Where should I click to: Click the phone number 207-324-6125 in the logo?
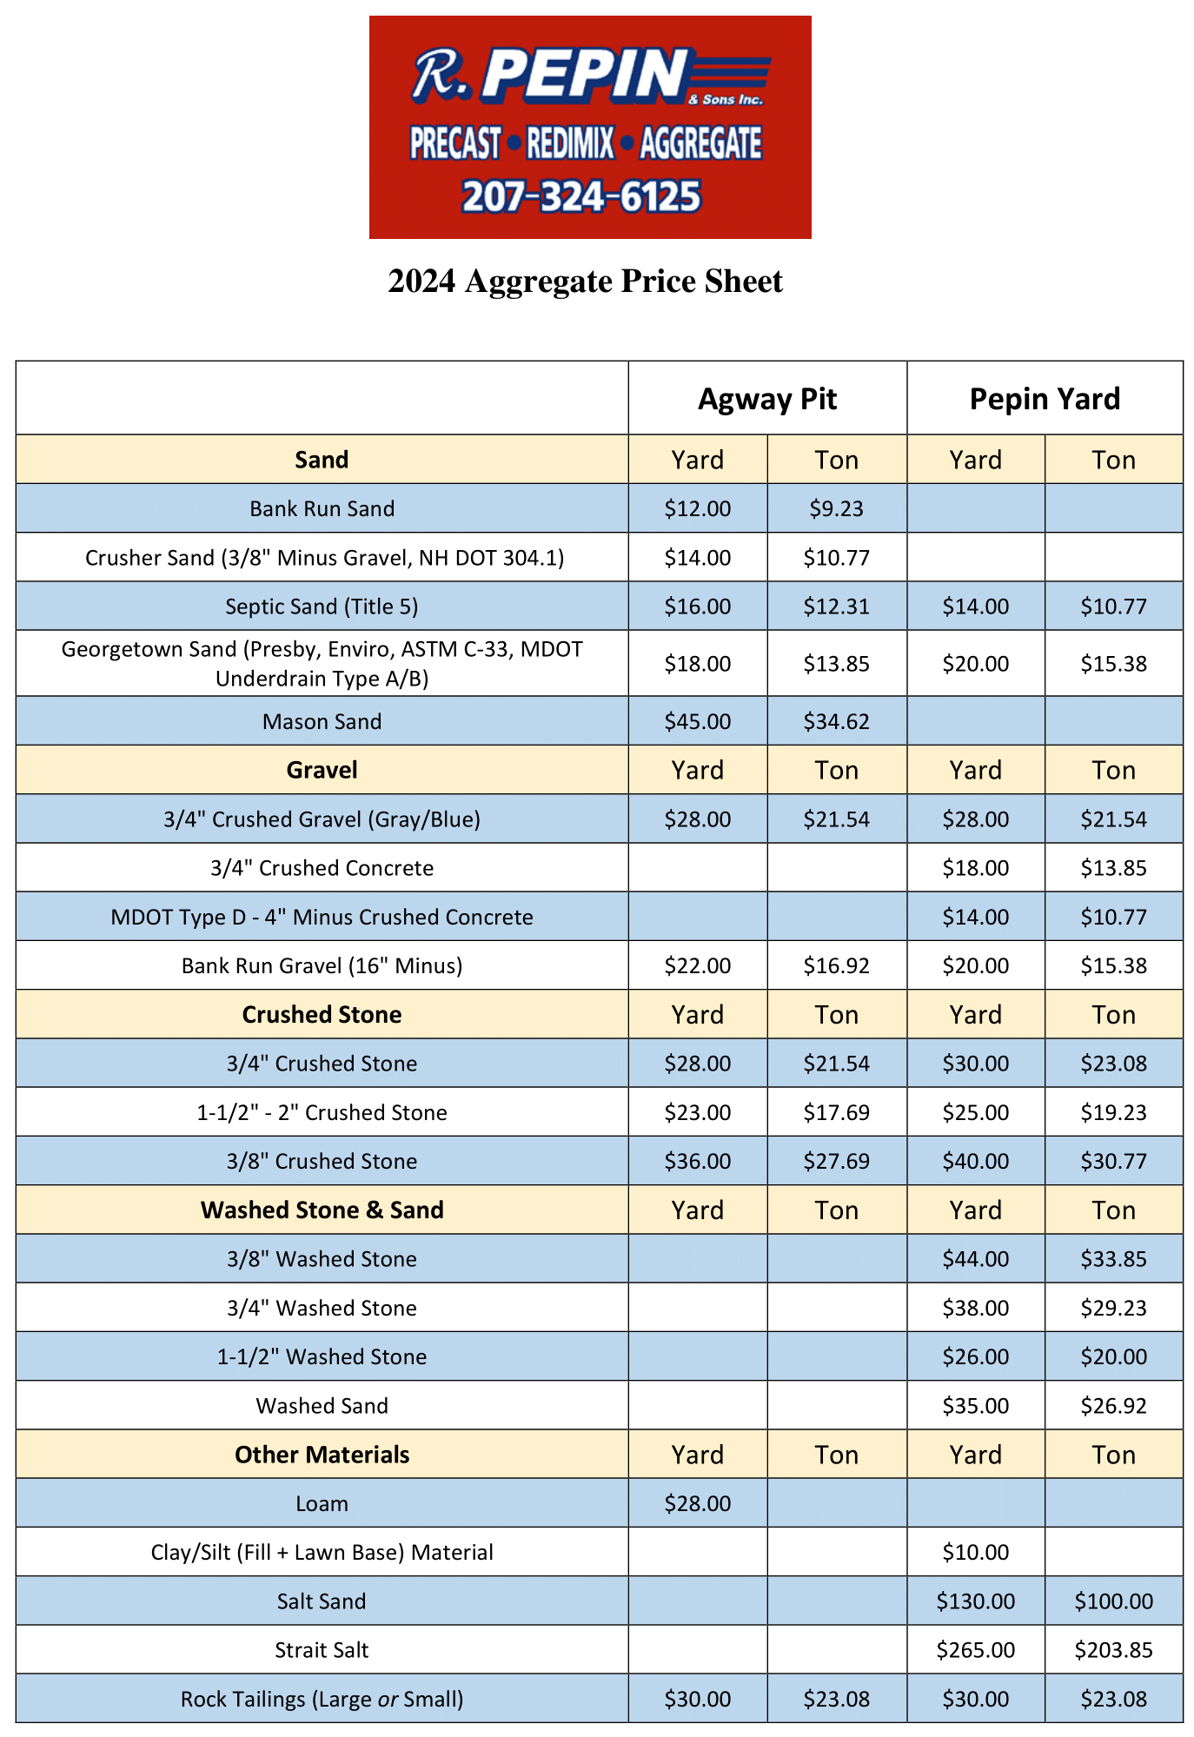pos(581,196)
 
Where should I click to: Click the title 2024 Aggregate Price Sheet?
pos(585,282)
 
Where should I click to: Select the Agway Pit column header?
pos(767,399)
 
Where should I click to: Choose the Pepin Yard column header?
pos(1045,399)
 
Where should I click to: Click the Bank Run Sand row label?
pos(322,508)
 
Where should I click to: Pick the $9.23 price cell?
pos(836,508)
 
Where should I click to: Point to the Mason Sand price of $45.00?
pos(698,721)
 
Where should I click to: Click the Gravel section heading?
pos(322,770)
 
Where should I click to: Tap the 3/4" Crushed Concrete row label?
pos(322,868)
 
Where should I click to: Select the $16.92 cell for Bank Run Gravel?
pos(836,965)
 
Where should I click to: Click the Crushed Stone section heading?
pos(322,1015)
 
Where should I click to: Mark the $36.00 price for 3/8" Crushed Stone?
pos(698,1161)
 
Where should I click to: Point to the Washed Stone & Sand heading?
pos(322,1210)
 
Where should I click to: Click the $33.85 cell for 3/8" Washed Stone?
pos(1113,1259)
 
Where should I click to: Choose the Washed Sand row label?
pos(322,1406)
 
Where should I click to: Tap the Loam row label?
pos(322,1503)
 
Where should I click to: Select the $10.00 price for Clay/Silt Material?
pos(975,1552)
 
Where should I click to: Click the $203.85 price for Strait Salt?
pos(1113,1650)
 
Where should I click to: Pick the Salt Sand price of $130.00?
pos(975,1601)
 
